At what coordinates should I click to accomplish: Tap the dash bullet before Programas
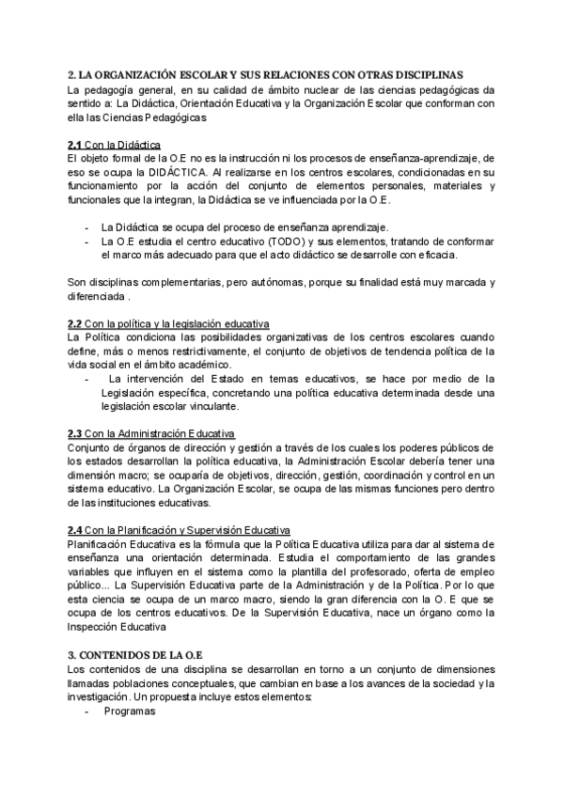click(87, 711)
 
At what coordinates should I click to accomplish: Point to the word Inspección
click(95, 627)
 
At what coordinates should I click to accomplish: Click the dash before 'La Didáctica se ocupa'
click(87, 227)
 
